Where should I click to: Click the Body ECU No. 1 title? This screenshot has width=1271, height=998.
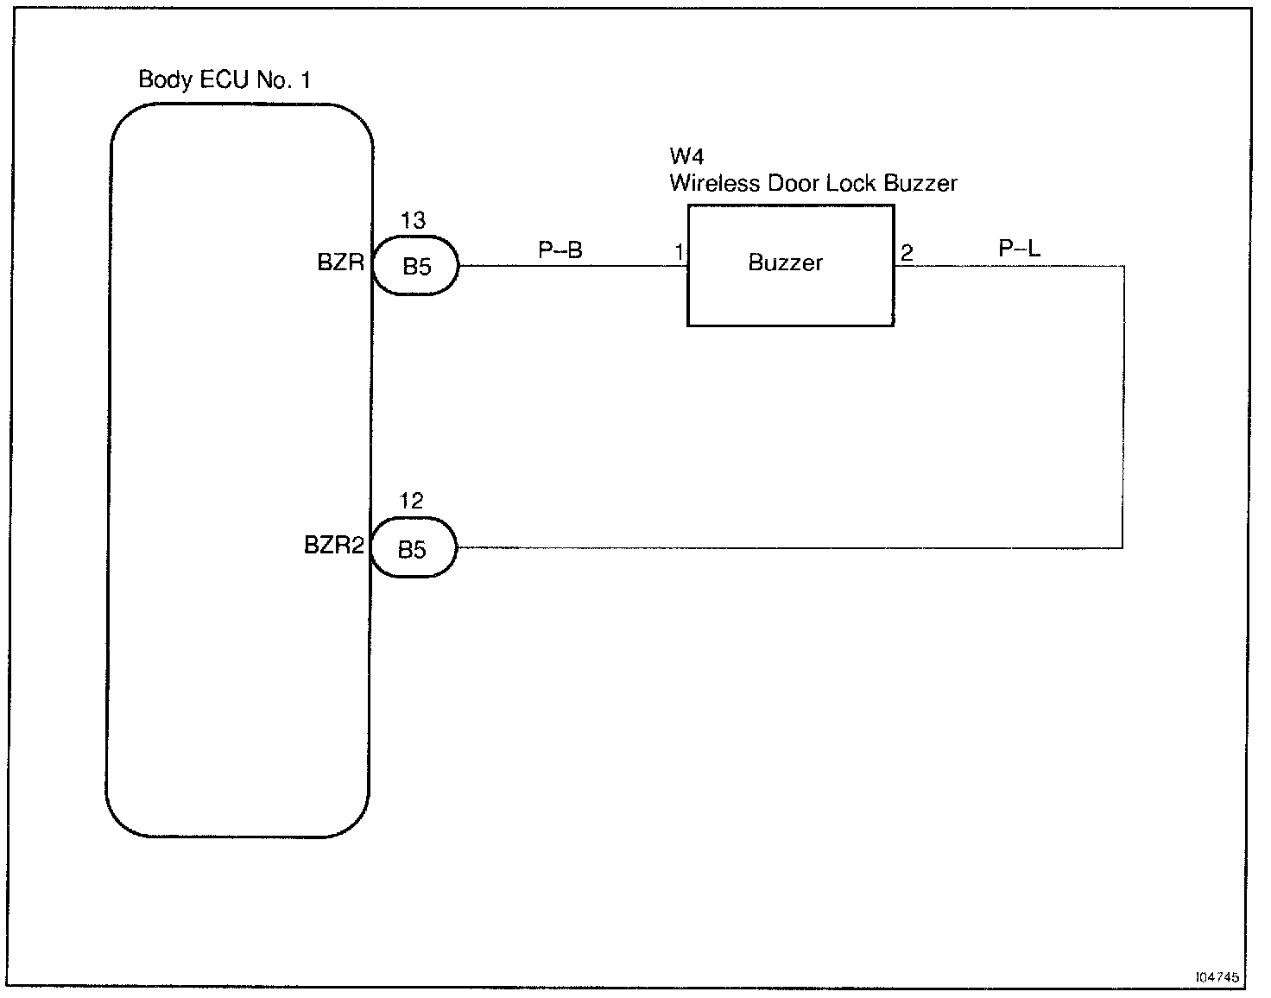[x=224, y=79]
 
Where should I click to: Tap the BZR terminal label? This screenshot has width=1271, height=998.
[x=341, y=262]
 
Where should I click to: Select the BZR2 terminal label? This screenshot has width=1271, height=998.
[x=334, y=545]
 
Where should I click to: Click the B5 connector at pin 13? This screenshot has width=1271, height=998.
[x=415, y=265]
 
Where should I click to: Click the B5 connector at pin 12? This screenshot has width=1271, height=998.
[x=413, y=548]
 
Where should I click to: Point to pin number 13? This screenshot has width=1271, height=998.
[x=413, y=220]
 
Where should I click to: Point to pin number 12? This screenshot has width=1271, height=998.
[x=411, y=501]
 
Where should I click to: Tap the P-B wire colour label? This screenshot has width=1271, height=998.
[x=560, y=249]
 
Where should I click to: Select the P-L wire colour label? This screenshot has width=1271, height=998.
[x=1020, y=249]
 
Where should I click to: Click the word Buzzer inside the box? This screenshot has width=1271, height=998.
[x=786, y=262]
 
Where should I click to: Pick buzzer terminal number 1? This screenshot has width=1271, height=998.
[x=679, y=252]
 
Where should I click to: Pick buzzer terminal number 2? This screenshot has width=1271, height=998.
[x=907, y=253]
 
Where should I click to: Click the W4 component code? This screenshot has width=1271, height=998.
[x=686, y=156]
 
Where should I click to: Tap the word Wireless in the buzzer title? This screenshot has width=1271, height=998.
[x=715, y=183]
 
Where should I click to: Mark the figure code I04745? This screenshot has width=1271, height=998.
[x=1217, y=977]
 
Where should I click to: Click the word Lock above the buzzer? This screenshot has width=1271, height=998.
[x=851, y=183]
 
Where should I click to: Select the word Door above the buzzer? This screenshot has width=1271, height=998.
[x=794, y=183]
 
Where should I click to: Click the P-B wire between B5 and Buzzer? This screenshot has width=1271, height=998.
[x=573, y=265]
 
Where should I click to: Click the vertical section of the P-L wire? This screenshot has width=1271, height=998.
[x=1123, y=407]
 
